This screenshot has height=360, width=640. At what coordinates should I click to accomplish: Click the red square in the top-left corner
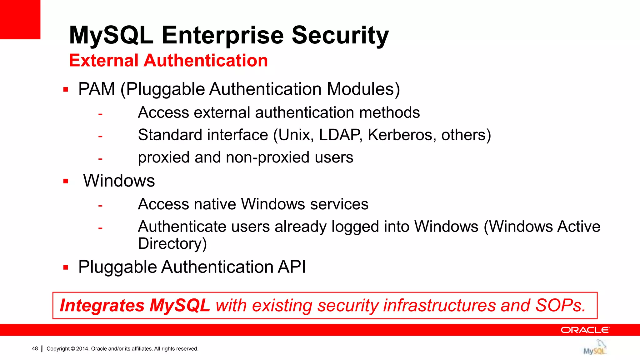(x=20, y=19)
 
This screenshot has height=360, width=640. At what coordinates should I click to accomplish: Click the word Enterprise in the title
(x=222, y=35)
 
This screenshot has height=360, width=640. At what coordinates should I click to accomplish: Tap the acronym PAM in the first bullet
(x=97, y=89)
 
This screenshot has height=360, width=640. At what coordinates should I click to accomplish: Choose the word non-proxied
(x=264, y=157)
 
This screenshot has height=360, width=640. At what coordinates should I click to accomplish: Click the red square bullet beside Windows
(x=66, y=181)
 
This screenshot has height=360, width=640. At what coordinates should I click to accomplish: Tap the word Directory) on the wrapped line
(x=172, y=244)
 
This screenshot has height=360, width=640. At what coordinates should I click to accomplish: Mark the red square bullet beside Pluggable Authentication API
(x=66, y=267)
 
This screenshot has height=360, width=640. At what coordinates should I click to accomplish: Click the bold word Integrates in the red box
(x=102, y=305)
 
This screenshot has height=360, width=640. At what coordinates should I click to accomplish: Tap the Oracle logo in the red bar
(x=585, y=330)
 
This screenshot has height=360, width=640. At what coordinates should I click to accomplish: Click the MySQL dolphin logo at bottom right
(x=595, y=348)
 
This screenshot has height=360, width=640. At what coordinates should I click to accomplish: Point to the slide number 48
(x=35, y=349)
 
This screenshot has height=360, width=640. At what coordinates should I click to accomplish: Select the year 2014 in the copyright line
(x=82, y=349)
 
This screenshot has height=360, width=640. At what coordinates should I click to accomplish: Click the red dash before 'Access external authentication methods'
(x=100, y=114)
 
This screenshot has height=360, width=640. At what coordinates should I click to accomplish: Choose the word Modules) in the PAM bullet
(x=363, y=89)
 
